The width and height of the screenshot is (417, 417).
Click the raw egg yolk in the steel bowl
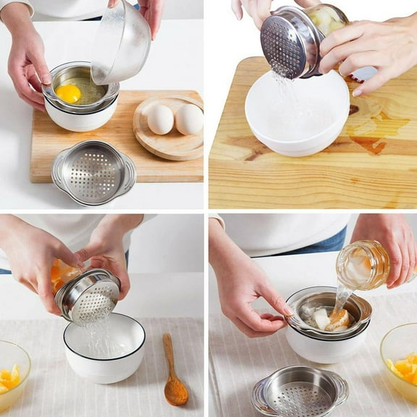(68, 93)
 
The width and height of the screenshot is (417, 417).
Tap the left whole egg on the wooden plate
(160, 119)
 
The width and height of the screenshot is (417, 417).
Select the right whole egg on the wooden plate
(189, 119)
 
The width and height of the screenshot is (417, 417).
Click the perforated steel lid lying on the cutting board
(93, 172)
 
